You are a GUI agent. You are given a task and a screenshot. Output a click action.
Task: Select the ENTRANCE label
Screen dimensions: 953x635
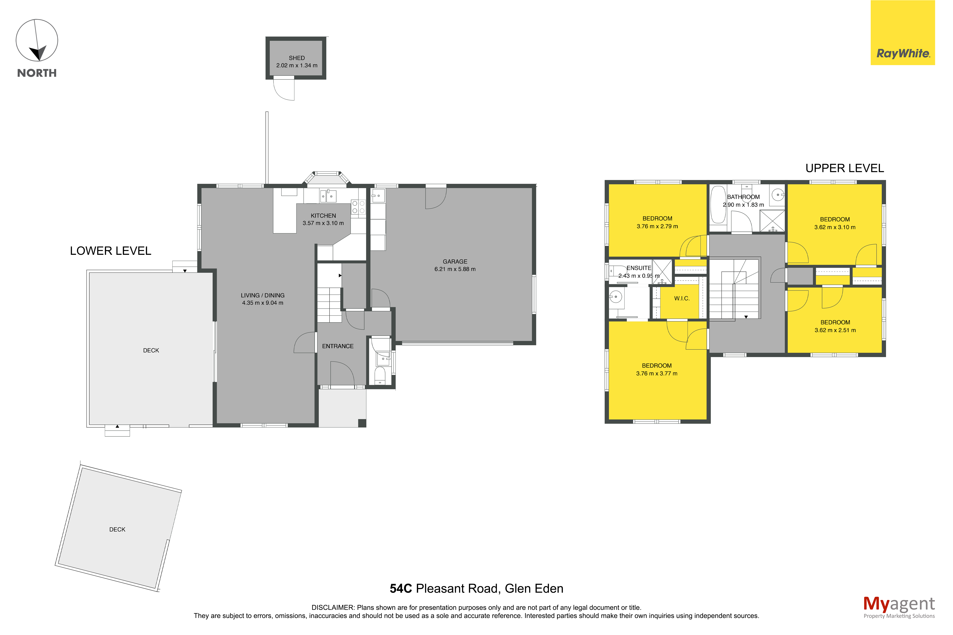338,346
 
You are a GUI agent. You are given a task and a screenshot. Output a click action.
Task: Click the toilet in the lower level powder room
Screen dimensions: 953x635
379,375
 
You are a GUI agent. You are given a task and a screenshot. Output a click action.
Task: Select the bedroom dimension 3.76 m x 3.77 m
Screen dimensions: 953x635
657,373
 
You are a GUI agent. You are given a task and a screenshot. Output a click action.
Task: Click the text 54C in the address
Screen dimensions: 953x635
401,588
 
